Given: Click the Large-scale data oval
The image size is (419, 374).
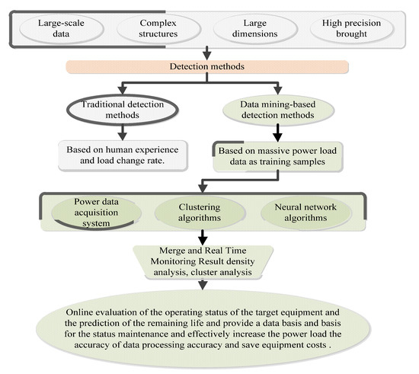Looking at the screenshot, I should (x=63, y=29).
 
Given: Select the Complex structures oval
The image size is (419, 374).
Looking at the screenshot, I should (x=156, y=29).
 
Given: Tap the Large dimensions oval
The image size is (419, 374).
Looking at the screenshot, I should (x=257, y=29).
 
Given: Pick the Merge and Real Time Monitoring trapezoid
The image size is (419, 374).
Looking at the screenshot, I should (x=203, y=261).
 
